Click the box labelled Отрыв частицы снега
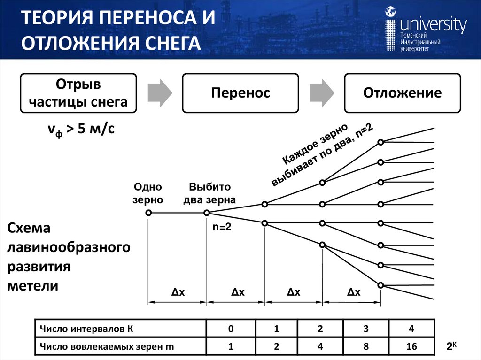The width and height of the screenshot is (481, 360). click(x=78, y=93)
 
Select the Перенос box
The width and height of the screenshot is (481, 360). click(x=240, y=93)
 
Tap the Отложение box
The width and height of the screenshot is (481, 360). click(x=402, y=93)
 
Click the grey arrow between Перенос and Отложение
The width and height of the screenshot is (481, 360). click(x=321, y=92)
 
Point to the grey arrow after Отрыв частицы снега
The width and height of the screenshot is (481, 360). click(x=159, y=92)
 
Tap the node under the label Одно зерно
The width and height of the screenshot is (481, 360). click(x=148, y=213)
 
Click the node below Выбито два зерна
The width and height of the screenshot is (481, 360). click(x=206, y=213)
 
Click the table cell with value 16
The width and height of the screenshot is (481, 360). click(x=411, y=347)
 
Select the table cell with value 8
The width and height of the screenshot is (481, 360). click(x=365, y=347)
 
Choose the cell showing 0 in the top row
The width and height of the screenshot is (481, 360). click(x=231, y=329)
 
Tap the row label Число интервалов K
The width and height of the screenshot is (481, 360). click(x=87, y=329)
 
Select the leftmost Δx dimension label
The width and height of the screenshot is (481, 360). click(x=178, y=292)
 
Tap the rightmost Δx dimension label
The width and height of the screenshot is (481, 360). click(x=353, y=292)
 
